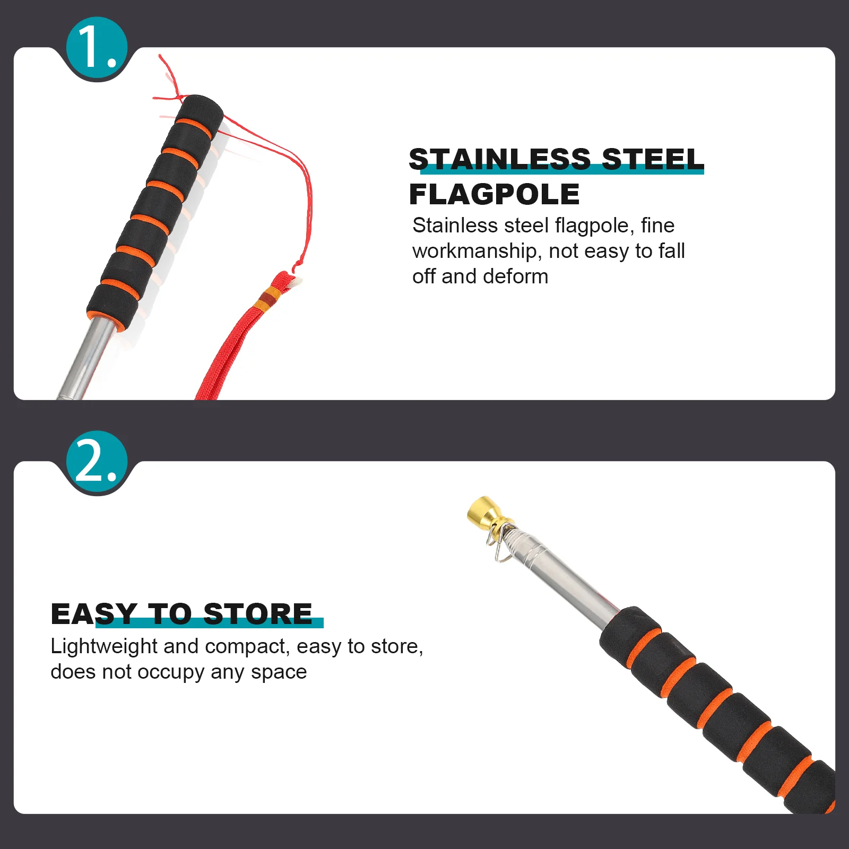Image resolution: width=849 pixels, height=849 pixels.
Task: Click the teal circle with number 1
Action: (97, 48)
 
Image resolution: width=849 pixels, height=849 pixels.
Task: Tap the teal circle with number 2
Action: (97, 462)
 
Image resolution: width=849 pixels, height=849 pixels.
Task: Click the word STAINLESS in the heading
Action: (499, 159)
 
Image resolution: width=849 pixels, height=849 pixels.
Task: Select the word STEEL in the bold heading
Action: (653, 159)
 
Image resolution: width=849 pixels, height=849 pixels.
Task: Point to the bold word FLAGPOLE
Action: (494, 194)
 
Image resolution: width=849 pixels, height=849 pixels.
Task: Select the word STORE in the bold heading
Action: (258, 614)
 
